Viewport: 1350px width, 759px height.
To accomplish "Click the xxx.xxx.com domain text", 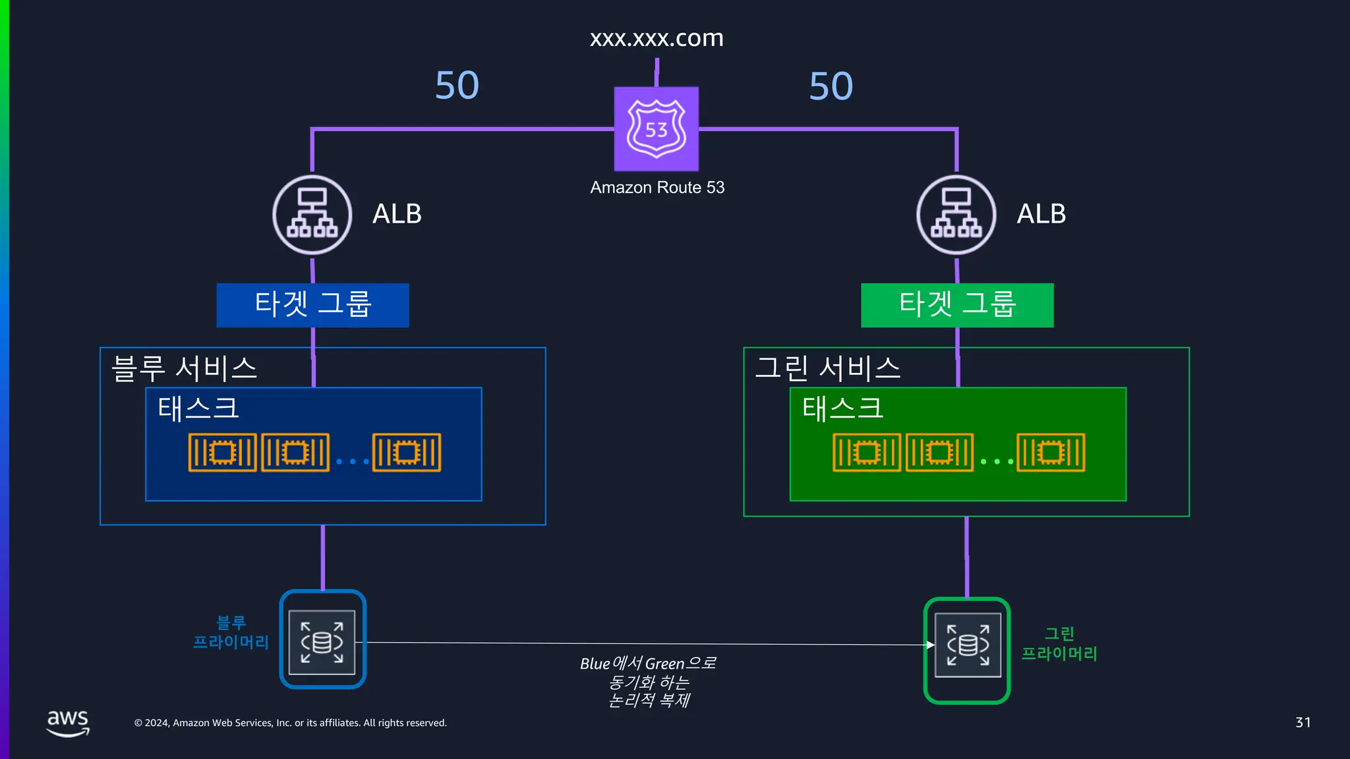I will pyautogui.click(x=657, y=38).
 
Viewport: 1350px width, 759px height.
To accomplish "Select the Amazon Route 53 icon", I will pyautogui.click(x=657, y=129).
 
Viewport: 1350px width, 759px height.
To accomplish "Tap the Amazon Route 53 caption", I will pyautogui.click(x=657, y=188).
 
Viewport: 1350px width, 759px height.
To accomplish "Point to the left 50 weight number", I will pyautogui.click(x=457, y=86).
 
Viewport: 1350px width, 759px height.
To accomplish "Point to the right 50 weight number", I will pyautogui.click(x=831, y=86).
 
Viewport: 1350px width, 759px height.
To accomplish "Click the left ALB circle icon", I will pyautogui.click(x=312, y=215).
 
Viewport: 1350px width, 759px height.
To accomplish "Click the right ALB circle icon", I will pyautogui.click(x=956, y=215).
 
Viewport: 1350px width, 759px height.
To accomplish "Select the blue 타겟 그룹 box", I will pyautogui.click(x=312, y=305).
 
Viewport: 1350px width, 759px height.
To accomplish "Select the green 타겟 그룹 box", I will pyautogui.click(x=957, y=305).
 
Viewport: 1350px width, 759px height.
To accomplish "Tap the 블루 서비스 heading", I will pyautogui.click(x=185, y=368).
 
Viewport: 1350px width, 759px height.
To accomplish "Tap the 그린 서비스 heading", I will pyautogui.click(x=828, y=368).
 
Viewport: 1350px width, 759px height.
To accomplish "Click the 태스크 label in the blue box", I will pyautogui.click(x=198, y=408).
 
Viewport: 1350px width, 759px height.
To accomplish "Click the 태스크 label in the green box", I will pyautogui.click(x=842, y=408).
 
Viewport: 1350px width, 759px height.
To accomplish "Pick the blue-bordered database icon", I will pyautogui.click(x=322, y=640).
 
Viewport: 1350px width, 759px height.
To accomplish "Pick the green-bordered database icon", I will pyautogui.click(x=967, y=650).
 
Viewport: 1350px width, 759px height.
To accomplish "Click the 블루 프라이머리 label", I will pyautogui.click(x=231, y=632).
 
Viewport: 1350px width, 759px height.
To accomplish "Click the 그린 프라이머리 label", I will pyautogui.click(x=1059, y=644).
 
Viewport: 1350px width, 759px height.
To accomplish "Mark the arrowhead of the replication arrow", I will pyautogui.click(x=930, y=644).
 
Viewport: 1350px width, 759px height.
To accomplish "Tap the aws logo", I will pyautogui.click(x=68, y=722).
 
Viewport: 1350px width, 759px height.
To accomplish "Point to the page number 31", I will pyautogui.click(x=1303, y=722).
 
